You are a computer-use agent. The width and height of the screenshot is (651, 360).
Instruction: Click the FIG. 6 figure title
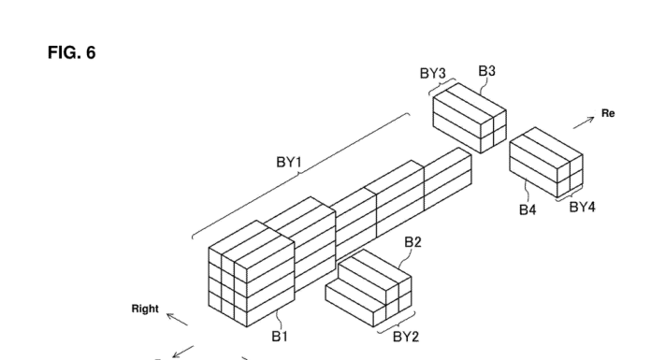(72, 52)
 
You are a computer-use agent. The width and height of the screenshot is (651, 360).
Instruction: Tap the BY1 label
(289, 162)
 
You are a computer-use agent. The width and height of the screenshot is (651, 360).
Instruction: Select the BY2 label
(406, 337)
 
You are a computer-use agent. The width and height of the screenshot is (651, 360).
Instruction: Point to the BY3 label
(433, 74)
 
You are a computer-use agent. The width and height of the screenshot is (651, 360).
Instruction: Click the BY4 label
(582, 207)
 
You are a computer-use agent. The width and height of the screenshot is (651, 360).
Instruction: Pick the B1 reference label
(280, 337)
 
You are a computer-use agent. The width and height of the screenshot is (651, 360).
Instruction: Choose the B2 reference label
(412, 242)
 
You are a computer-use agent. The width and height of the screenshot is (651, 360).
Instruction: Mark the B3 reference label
(487, 71)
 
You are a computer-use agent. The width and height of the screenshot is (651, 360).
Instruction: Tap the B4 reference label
(528, 209)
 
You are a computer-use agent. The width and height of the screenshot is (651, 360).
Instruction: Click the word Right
(145, 309)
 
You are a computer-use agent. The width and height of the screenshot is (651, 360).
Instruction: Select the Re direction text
(608, 113)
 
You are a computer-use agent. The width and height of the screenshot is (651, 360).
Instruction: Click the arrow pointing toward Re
(584, 122)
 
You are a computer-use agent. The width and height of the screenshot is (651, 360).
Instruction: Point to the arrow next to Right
(178, 320)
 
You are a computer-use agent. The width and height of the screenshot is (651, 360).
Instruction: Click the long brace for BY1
(298, 177)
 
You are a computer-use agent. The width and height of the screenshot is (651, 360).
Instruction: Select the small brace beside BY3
(441, 85)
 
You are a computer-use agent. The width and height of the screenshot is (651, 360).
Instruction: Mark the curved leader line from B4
(527, 191)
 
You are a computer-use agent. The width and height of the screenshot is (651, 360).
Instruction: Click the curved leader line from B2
(402, 259)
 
